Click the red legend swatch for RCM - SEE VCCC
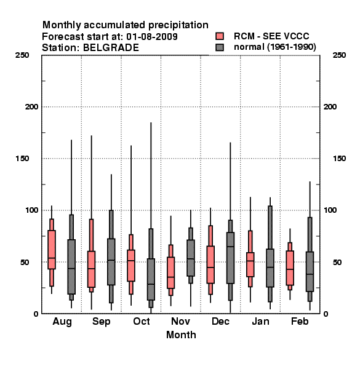tap(220, 36)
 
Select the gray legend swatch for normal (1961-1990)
tap(220, 47)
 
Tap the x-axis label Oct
tap(142, 322)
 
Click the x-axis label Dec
tap(220, 322)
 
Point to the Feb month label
tap(300, 322)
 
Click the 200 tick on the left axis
tap(31, 107)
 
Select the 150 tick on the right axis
tap(339, 159)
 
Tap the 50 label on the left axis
tap(25, 262)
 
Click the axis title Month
tap(181, 335)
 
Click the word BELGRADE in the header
tap(111, 48)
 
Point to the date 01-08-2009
tap(152, 37)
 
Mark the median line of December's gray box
tap(230, 247)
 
